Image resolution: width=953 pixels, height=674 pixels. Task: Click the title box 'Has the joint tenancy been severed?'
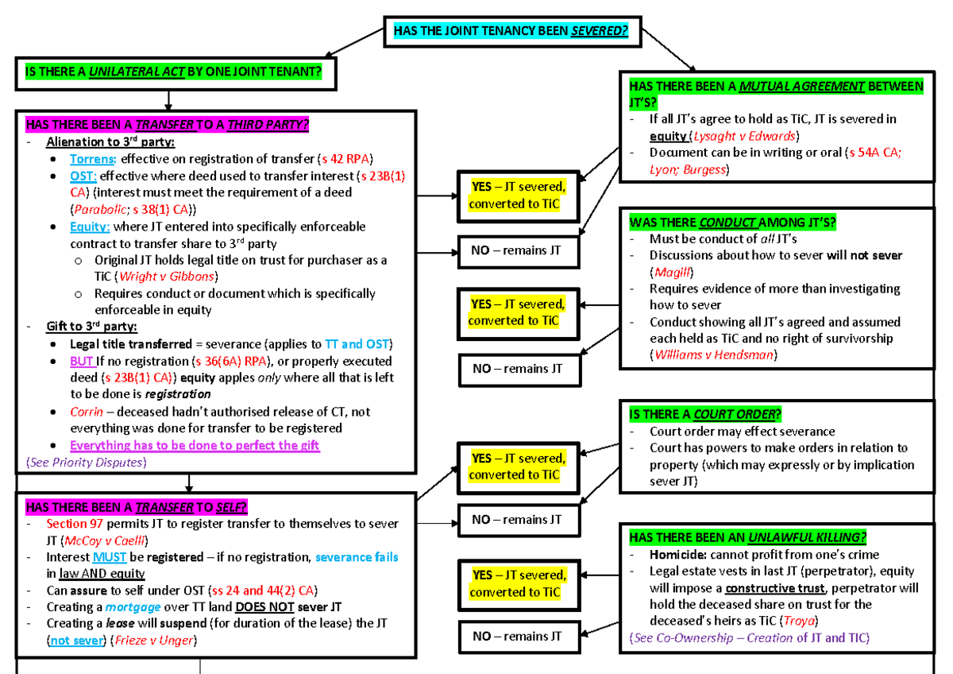tap(512, 32)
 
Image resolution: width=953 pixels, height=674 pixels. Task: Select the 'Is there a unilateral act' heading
tap(173, 72)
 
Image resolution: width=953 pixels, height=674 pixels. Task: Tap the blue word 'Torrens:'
tap(93, 159)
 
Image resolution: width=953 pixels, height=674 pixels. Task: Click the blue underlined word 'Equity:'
tap(90, 227)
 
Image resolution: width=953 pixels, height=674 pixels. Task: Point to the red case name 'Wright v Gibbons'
tap(166, 277)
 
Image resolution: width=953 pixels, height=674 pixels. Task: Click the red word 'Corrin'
tap(87, 412)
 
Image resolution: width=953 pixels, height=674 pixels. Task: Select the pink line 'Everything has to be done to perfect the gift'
tap(195, 445)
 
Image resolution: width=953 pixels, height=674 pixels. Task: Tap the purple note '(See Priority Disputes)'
tap(87, 463)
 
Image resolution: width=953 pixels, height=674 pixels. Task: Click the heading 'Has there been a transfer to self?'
tap(136, 507)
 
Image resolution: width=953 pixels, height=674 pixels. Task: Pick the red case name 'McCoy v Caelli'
tap(104, 540)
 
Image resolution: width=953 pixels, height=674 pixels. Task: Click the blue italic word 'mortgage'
tap(133, 606)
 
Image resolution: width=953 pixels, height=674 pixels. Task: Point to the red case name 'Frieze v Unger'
tap(153, 640)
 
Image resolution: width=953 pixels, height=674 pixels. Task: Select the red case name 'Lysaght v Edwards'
tap(744, 136)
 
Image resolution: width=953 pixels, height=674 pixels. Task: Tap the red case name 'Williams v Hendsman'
tap(713, 354)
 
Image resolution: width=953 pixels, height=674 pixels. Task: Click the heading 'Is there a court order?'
tap(705, 414)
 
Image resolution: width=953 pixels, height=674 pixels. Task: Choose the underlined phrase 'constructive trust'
tap(775, 588)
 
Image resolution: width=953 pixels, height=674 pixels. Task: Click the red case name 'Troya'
tap(799, 621)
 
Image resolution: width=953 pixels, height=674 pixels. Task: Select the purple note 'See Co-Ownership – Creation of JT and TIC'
tap(750, 637)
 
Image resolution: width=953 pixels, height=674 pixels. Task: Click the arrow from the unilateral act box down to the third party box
tap(168, 100)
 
